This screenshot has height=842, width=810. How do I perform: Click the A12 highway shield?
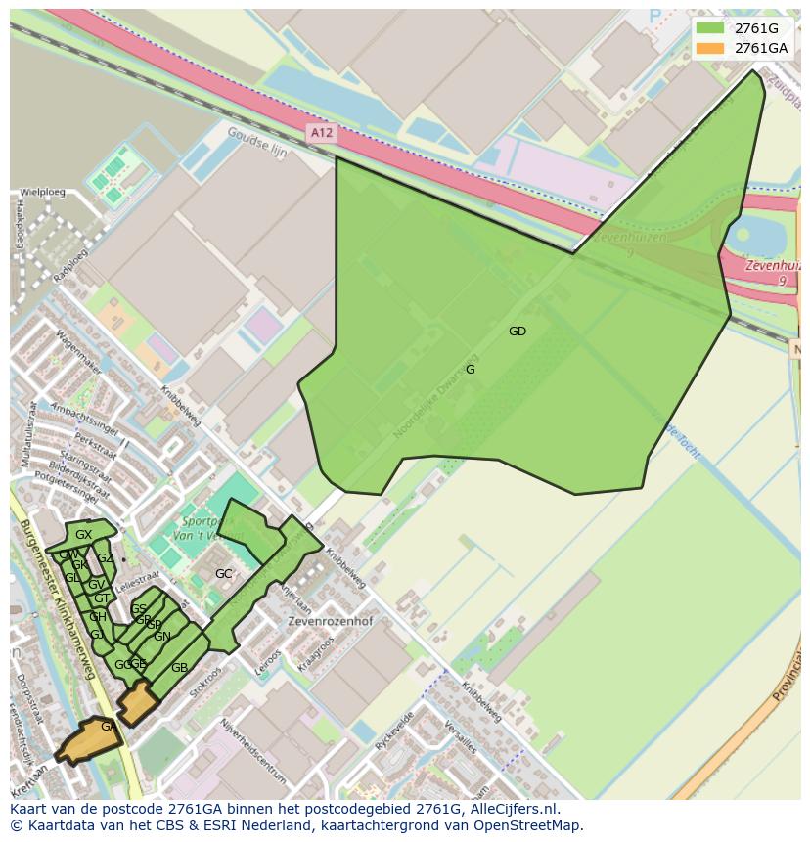(x=320, y=132)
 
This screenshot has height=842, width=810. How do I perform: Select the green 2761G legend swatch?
(x=710, y=27)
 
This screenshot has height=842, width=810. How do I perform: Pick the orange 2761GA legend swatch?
(x=710, y=47)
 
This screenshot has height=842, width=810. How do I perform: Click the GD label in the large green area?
(x=517, y=332)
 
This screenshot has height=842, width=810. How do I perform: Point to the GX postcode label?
(x=83, y=535)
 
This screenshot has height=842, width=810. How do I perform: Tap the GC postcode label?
(x=224, y=574)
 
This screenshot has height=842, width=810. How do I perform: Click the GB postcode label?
(x=179, y=668)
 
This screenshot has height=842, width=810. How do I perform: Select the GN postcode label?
(x=162, y=637)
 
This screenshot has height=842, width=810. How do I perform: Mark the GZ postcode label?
(x=105, y=558)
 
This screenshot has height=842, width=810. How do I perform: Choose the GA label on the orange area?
(x=108, y=727)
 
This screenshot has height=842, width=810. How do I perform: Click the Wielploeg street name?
(x=42, y=192)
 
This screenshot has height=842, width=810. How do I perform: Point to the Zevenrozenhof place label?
(x=330, y=621)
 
